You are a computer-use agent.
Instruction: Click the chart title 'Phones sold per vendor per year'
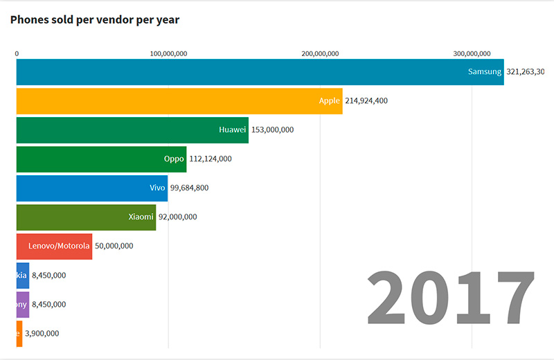coord(95,19)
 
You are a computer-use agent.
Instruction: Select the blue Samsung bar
coord(260,72)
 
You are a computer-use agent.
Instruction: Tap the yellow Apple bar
coord(179,101)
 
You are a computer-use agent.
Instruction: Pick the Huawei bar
coord(132,130)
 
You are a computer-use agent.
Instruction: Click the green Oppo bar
coord(101,159)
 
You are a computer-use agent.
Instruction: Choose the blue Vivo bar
coord(91,188)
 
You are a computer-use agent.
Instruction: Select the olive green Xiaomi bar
coord(86,217)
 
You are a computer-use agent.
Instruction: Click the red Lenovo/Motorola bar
coord(54,246)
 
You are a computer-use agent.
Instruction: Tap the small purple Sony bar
coord(23,305)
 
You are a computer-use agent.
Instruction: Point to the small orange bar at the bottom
coord(19,334)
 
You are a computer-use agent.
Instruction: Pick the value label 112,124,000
coord(211,159)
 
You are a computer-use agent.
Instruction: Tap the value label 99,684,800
coord(190,188)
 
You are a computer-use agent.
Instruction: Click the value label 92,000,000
coord(178,217)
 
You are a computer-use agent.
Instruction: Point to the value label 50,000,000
coord(114,246)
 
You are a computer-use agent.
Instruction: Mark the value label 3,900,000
coord(42,334)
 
